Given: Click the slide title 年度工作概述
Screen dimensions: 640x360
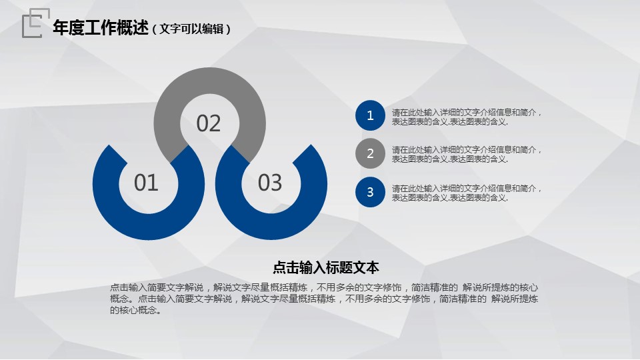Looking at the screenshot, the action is [101, 28].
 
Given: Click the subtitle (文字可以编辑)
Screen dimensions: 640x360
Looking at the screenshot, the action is [191, 29].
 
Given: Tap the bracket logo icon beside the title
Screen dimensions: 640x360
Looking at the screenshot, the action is [36, 23].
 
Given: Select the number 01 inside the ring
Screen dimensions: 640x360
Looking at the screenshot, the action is [146, 183].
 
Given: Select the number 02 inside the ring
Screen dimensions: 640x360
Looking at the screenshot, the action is [209, 123].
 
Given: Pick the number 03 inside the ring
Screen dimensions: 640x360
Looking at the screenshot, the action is [270, 183].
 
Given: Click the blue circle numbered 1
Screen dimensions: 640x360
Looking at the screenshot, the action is [370, 115].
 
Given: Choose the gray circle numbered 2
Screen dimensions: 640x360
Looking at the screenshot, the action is [370, 153].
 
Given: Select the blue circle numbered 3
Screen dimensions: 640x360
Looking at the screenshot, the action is [370, 192].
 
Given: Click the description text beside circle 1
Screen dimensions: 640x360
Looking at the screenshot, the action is [467, 117].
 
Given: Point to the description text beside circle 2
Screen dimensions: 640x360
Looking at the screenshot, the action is [467, 154].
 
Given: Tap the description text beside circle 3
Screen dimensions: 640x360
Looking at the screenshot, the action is [467, 193].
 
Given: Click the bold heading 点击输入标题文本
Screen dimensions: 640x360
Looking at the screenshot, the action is [326, 268].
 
